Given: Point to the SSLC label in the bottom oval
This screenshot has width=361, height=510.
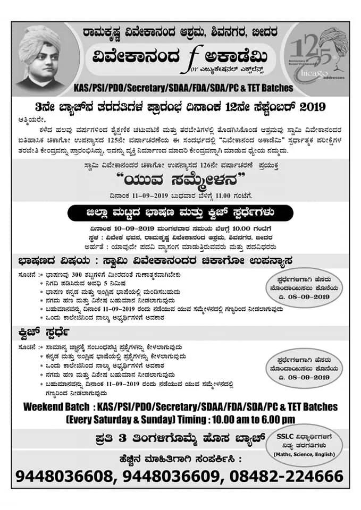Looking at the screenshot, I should click(288, 436).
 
